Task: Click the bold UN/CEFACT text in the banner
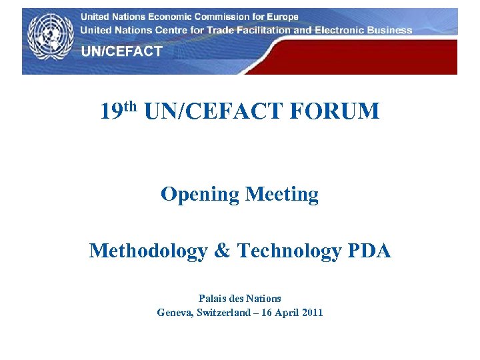[121, 51]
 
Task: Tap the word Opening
[200, 195]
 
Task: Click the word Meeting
[282, 195]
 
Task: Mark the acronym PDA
[369, 251]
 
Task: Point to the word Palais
[213, 299]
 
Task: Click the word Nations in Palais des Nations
[264, 299]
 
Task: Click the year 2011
[311, 312]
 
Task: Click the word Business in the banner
[389, 30]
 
